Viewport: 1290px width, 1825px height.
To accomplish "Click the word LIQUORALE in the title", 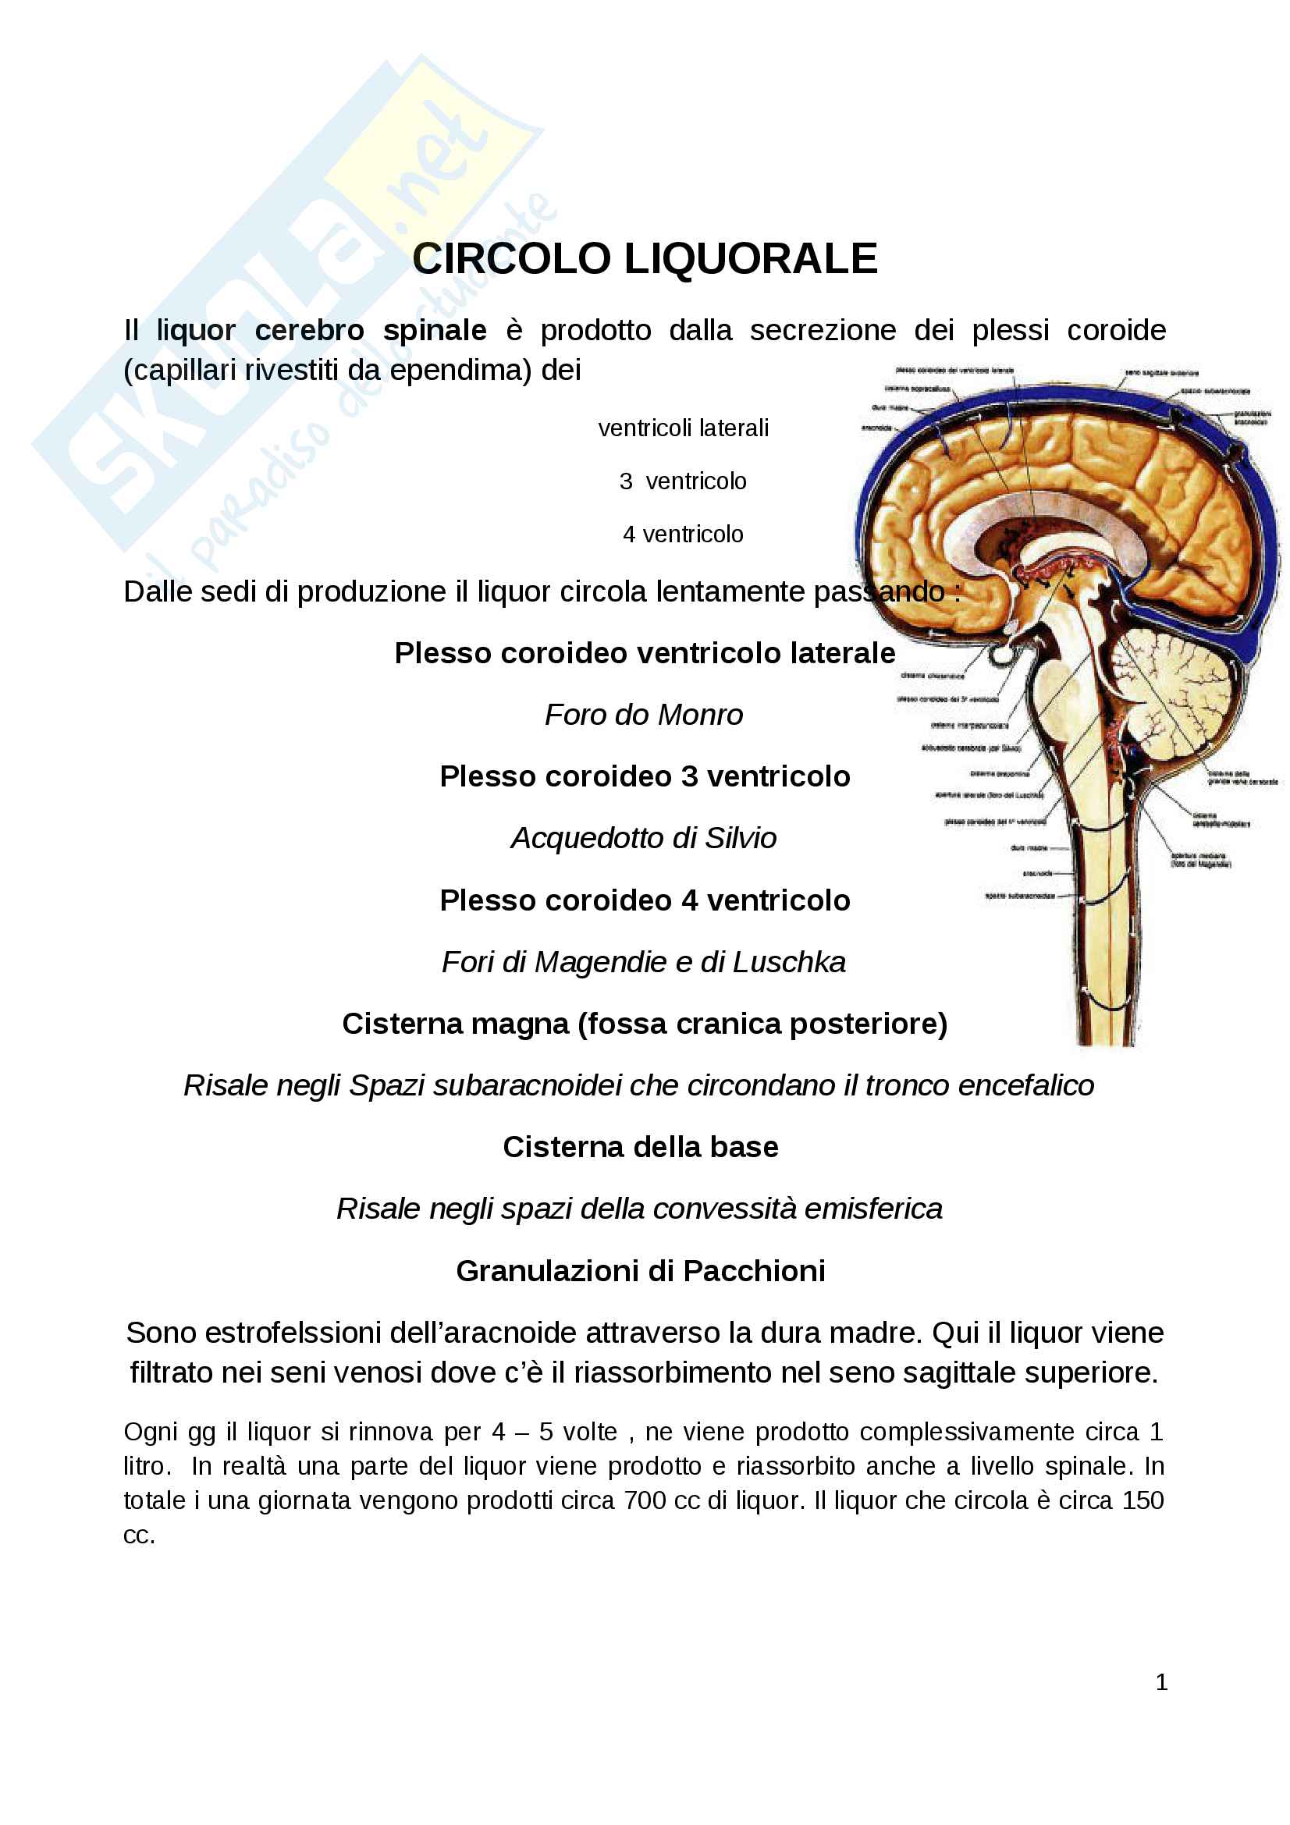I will pyautogui.click(x=750, y=259).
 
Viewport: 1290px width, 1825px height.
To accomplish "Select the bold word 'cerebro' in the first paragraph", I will pyautogui.click(x=309, y=330).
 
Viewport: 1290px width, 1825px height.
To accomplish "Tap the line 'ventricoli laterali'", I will pyautogui.click(x=683, y=428).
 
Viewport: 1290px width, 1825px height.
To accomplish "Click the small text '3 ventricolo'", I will pyautogui.click(x=683, y=481).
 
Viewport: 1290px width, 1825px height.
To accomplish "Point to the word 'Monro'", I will pyautogui.click(x=700, y=715).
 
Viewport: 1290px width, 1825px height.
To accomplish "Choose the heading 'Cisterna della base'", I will pyautogui.click(x=641, y=1147).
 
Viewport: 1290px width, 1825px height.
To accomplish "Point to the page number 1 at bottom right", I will pyautogui.click(x=1161, y=1682).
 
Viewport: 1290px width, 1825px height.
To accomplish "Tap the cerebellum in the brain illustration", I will pyautogui.click(x=1172, y=699).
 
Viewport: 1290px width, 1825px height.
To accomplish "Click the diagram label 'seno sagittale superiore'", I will pyautogui.click(x=1161, y=373).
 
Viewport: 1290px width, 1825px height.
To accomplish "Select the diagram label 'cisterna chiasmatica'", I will pyautogui.click(x=932, y=676).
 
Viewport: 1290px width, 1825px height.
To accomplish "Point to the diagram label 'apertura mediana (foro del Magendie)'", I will pyautogui.click(x=1201, y=860).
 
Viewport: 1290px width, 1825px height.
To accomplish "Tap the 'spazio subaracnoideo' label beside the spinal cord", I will pyautogui.click(x=1020, y=896).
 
